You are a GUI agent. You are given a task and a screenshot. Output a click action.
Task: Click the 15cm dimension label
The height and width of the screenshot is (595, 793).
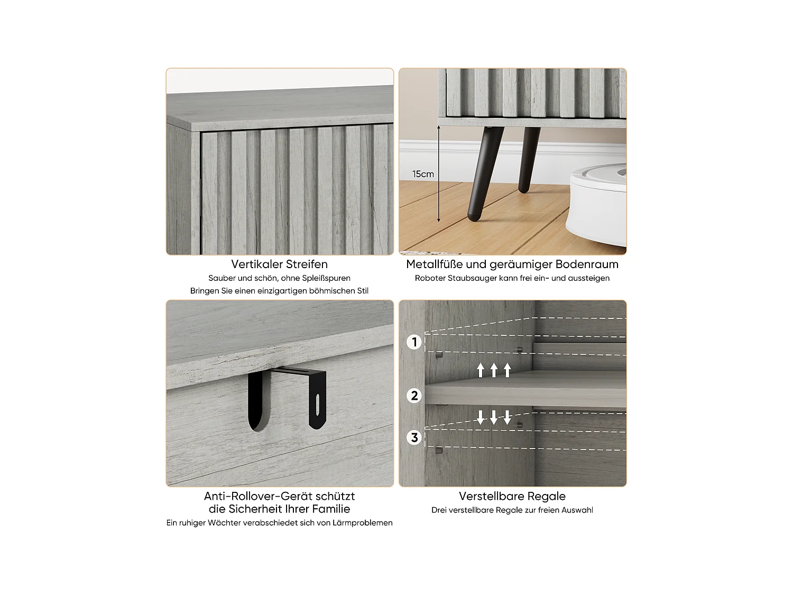coord(423,174)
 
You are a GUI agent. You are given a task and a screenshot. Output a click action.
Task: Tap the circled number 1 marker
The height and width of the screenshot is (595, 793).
coord(414,342)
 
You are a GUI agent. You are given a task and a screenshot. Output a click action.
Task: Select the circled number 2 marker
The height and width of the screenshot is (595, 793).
coord(414,396)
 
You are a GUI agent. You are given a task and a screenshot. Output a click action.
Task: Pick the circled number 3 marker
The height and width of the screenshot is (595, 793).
coord(414,437)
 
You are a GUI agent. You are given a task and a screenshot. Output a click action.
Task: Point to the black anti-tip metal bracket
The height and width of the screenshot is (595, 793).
coord(288,397)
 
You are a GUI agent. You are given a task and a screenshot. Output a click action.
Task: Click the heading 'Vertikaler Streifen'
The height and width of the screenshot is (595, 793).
coord(279,264)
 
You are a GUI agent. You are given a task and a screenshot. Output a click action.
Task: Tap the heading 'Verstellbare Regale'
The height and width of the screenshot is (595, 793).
coord(512,496)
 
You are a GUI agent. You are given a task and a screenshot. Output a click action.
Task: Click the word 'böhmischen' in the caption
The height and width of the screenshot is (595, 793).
coord(324,291)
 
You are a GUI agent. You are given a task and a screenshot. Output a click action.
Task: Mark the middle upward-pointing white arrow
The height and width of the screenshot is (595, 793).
coord(494,370)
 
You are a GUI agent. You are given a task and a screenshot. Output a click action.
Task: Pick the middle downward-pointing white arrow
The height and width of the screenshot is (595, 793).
coord(494,417)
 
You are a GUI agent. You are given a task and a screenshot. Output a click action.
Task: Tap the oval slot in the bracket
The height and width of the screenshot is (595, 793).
coord(317,405)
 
